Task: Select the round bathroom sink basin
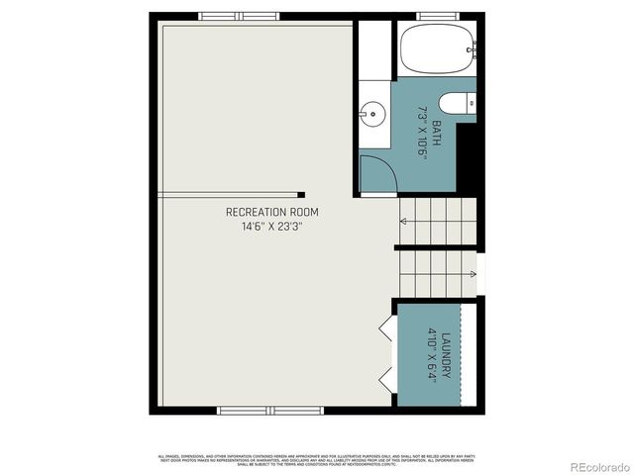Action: [x=371, y=113]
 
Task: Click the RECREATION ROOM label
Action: [x=272, y=212]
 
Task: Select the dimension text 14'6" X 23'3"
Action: [x=271, y=227]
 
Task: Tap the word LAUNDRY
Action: [x=448, y=353]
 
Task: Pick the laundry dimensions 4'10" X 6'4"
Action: [x=432, y=353]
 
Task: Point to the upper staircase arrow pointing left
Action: [x=404, y=220]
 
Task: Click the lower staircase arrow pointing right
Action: [x=473, y=273]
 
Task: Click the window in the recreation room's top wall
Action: [x=239, y=17]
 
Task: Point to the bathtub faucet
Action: [x=474, y=46]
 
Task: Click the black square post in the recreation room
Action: [x=301, y=195]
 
